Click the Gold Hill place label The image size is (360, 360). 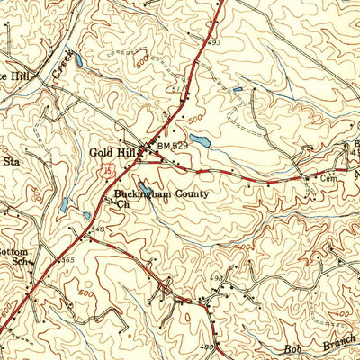(111, 152)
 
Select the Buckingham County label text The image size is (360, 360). (161, 193)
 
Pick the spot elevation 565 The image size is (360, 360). (67, 260)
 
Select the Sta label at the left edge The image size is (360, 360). (12, 163)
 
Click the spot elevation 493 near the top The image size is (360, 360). (215, 41)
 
